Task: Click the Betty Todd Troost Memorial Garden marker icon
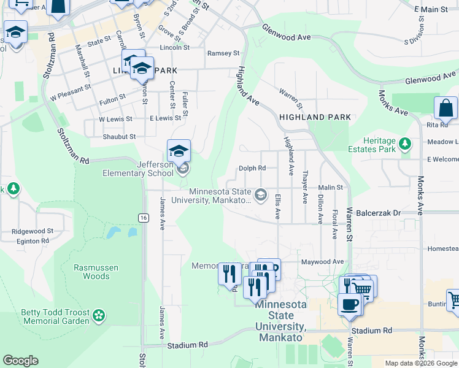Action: [98, 316]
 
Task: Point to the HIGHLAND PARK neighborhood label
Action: [315, 117]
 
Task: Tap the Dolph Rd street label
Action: [252, 168]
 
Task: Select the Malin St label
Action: [330, 188]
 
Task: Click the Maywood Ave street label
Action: [322, 262]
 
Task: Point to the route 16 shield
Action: [143, 218]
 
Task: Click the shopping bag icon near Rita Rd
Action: [445, 108]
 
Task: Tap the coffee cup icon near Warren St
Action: [349, 304]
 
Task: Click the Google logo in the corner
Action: [20, 361]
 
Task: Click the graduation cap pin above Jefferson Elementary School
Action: [179, 151]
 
